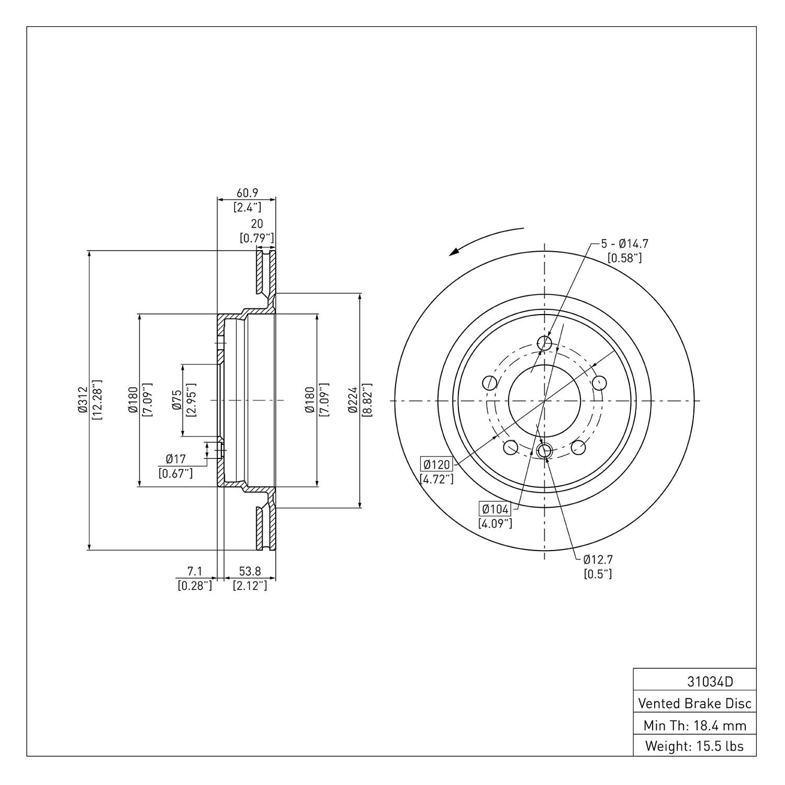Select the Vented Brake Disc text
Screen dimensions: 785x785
(694, 703)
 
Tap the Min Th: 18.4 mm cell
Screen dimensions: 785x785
(694, 725)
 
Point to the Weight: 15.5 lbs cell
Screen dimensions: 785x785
(694, 746)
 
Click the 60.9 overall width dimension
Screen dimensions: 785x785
(247, 193)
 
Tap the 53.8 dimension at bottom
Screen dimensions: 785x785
(250, 571)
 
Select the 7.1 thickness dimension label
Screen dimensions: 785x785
(195, 571)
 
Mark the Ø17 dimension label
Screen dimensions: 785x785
(176, 459)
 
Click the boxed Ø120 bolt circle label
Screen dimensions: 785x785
(437, 464)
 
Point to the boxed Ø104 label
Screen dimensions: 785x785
(495, 509)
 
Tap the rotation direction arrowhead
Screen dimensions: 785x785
(455, 252)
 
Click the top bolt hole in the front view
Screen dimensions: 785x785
(545, 343)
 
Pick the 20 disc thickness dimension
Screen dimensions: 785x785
(256, 224)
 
